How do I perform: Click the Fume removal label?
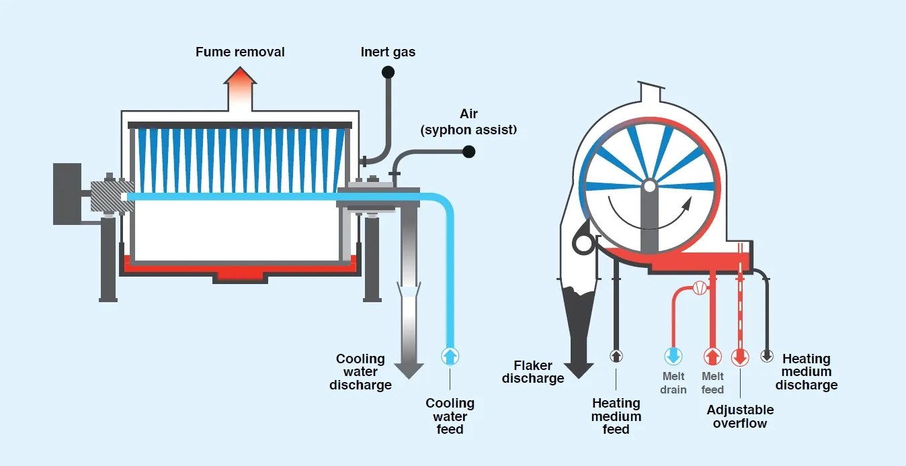coord(240,52)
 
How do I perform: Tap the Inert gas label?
coord(388,52)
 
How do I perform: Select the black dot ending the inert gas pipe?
coord(388,72)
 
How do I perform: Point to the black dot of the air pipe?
coord(469,152)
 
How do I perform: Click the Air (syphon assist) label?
coord(468,122)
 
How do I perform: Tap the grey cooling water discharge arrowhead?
coord(409,369)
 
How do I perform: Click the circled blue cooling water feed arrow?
coord(450,356)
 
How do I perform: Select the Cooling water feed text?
coord(450,416)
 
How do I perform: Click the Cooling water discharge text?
coord(360,372)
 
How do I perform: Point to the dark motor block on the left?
coord(67,193)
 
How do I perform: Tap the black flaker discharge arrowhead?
coord(578,370)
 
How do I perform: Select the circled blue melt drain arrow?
coord(673,356)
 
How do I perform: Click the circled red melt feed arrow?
coord(712,356)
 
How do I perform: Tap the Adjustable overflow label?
coord(740,416)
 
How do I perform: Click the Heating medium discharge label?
coord(806,372)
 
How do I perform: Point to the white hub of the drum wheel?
coord(649,186)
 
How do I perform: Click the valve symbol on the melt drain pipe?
coord(699,288)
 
